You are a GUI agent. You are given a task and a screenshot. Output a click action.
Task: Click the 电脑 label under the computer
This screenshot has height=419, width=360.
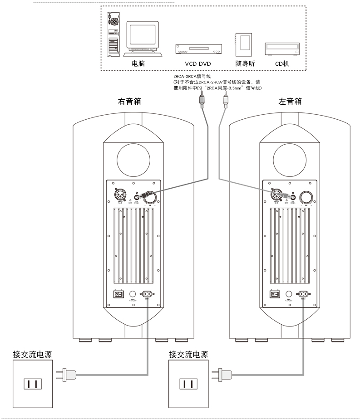tap(138, 64)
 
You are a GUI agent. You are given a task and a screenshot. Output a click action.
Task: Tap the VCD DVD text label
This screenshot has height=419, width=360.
tap(198, 64)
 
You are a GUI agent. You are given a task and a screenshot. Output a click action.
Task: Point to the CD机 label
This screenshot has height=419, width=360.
tap(282, 64)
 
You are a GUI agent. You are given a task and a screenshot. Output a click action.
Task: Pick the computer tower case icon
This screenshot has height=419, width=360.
tap(113, 34)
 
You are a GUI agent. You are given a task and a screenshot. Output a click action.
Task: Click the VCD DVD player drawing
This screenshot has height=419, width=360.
tap(198, 49)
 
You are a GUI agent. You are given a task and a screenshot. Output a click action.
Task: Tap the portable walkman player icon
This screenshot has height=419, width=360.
tap(244, 44)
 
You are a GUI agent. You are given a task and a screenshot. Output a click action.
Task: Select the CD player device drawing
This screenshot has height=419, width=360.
tap(282, 48)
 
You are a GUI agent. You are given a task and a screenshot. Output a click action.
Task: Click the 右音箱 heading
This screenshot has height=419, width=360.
tap(129, 102)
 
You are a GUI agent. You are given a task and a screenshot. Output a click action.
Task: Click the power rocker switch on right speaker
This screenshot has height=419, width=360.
tap(119, 294)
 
